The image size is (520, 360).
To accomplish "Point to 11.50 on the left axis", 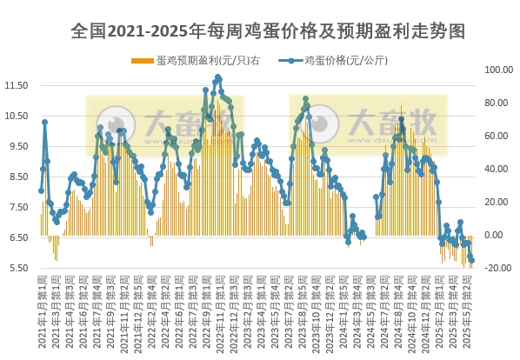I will pos(17,85).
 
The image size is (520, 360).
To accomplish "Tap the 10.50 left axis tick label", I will pos(17,116).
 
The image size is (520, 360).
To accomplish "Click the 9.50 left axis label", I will pos(18,146).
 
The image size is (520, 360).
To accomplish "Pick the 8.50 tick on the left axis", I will pos(18,177).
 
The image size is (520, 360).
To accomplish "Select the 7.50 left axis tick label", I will pos(18,207).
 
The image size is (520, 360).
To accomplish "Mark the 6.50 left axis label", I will pos(18,237).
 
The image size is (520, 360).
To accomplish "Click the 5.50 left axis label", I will pos(18,268).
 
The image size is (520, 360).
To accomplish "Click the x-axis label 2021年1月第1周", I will pos(42,314).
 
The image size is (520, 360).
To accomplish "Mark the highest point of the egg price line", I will pos(218,77).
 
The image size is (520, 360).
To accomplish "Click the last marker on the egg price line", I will pos(472,260).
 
